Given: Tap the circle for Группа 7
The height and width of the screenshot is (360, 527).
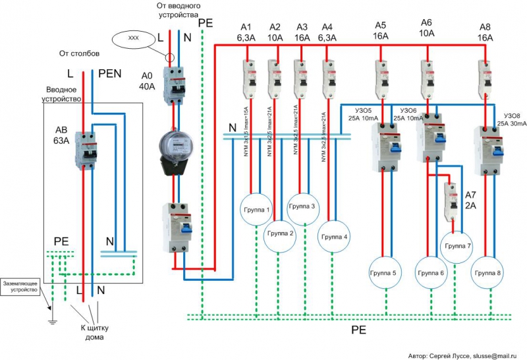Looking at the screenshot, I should tap(458, 246).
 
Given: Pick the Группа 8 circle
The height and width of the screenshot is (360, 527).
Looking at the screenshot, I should tap(489, 272).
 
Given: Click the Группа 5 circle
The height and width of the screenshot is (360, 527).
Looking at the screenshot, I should tap(384, 272).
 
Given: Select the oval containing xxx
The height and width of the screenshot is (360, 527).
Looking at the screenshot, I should tap(133, 39).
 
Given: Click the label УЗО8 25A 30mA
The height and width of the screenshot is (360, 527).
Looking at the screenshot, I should tap(513, 119).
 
